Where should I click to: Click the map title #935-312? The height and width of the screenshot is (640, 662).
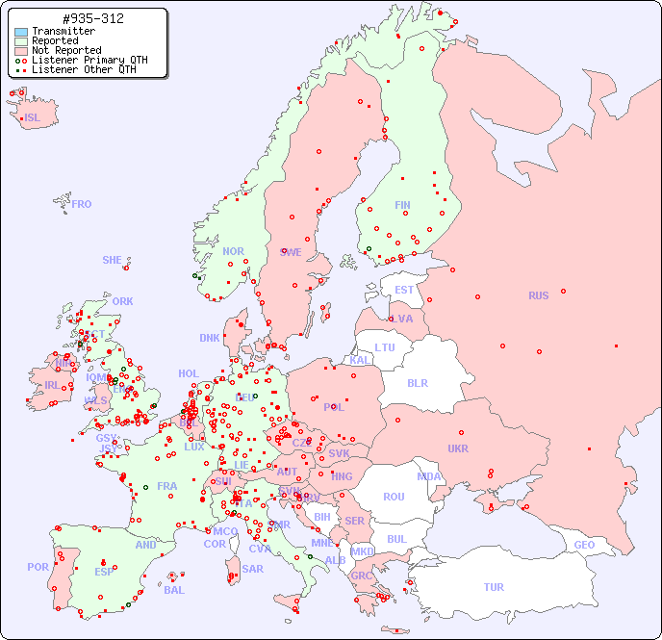92,18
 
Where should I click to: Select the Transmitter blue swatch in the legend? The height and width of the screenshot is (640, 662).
21,32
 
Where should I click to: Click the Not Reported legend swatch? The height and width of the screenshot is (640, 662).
21,50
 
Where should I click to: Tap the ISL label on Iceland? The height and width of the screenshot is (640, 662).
33,118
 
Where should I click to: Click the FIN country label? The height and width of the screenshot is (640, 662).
402,205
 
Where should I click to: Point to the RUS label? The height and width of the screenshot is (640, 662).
538,295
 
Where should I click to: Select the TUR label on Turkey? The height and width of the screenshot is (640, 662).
494,587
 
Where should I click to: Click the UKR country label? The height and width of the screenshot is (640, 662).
458,448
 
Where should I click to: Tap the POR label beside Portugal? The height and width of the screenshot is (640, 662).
38,567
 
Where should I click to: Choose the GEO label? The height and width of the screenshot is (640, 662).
584,545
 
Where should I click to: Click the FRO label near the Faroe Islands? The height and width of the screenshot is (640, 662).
82,204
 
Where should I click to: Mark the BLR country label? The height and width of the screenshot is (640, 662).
417,382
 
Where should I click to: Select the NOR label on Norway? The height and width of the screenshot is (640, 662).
234,251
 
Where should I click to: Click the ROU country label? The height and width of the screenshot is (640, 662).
394,497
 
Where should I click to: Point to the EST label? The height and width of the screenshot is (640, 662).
404,290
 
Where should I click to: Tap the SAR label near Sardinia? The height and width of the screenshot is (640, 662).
253,569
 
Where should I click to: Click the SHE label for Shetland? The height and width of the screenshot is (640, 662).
113,260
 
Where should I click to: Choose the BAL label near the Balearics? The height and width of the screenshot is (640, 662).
174,590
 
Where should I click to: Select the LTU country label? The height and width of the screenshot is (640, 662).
385,347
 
